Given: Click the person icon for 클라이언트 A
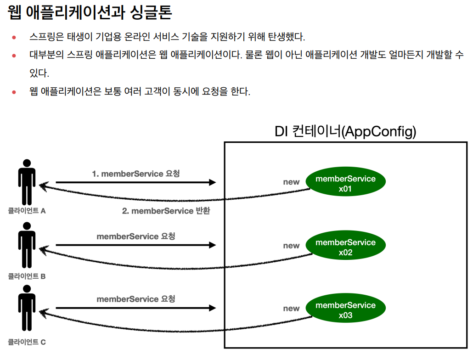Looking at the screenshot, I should pyautogui.click(x=27, y=182).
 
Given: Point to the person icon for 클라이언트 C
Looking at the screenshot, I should pyautogui.click(x=27, y=309).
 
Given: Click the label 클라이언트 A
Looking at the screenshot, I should pyautogui.click(x=27, y=211).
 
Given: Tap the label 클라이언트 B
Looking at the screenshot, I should pyautogui.click(x=27, y=276).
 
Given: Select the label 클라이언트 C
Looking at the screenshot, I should pyautogui.click(x=27, y=342).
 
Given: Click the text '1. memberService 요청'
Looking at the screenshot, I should pyautogui.click(x=136, y=174).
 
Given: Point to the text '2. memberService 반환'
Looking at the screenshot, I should pyautogui.click(x=166, y=211).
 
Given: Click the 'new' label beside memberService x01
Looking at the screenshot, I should pyautogui.click(x=291, y=182).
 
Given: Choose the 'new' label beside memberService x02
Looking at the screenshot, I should pyautogui.click(x=291, y=246).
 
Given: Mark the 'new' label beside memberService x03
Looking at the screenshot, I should pyautogui.click(x=291, y=309).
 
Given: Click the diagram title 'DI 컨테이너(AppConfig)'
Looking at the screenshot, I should pyautogui.click(x=345, y=132).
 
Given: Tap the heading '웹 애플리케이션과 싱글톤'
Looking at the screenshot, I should pyautogui.click(x=90, y=13).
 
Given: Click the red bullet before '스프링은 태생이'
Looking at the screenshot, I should pyautogui.click(x=14, y=37).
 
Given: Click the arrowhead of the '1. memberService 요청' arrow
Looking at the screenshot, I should pyautogui.click(x=212, y=182).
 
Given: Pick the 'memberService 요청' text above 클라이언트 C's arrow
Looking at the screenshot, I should pyautogui.click(x=136, y=299).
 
